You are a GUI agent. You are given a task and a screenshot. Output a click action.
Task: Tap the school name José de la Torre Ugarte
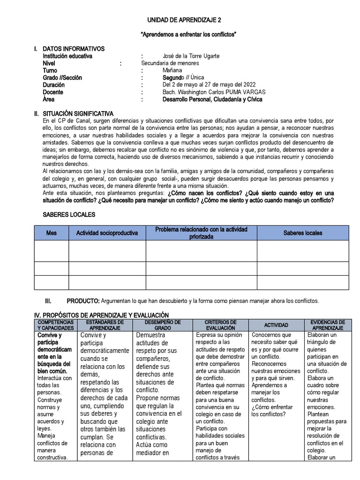point(191,56)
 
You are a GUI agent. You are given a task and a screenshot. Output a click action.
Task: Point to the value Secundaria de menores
point(170,63)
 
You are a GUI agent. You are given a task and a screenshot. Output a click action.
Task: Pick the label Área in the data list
point(48,99)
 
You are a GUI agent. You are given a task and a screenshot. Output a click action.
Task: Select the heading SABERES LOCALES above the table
point(69,215)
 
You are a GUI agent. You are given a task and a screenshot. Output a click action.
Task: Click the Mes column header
point(51,233)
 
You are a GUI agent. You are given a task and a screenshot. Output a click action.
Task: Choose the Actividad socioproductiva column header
point(107,233)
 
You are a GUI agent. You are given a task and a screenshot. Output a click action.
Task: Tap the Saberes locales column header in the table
point(303,233)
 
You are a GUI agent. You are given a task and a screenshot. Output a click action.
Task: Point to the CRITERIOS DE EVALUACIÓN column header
point(220,325)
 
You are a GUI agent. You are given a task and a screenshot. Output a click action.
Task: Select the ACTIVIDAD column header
point(276,325)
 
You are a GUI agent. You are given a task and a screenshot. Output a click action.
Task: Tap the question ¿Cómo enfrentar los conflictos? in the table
point(272,411)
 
